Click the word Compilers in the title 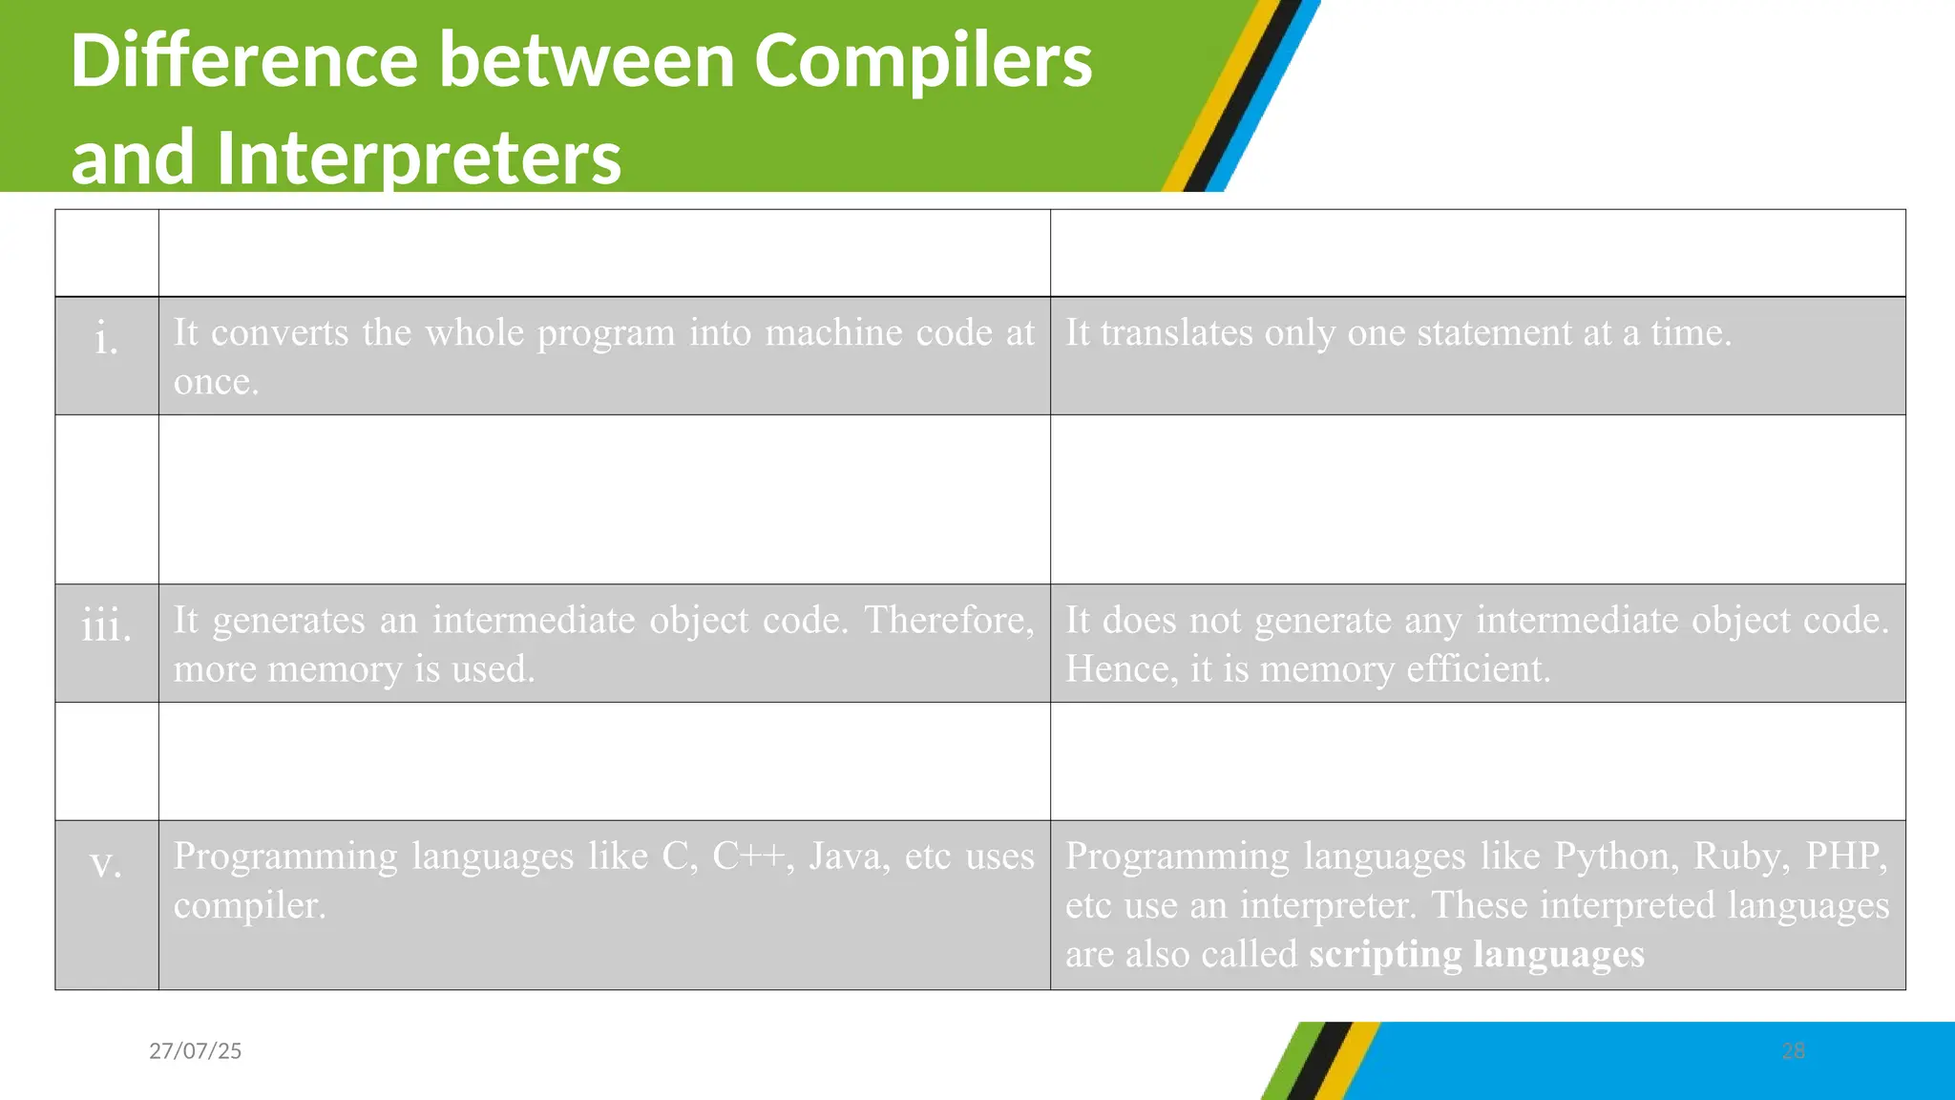922,61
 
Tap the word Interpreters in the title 418,158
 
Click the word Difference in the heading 243,61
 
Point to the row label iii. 107,626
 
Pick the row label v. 106,863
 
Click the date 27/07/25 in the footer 196,1051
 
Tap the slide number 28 1794,1051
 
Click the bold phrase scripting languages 1476,954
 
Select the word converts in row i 280,332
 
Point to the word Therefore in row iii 949,620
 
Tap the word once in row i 216,382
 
